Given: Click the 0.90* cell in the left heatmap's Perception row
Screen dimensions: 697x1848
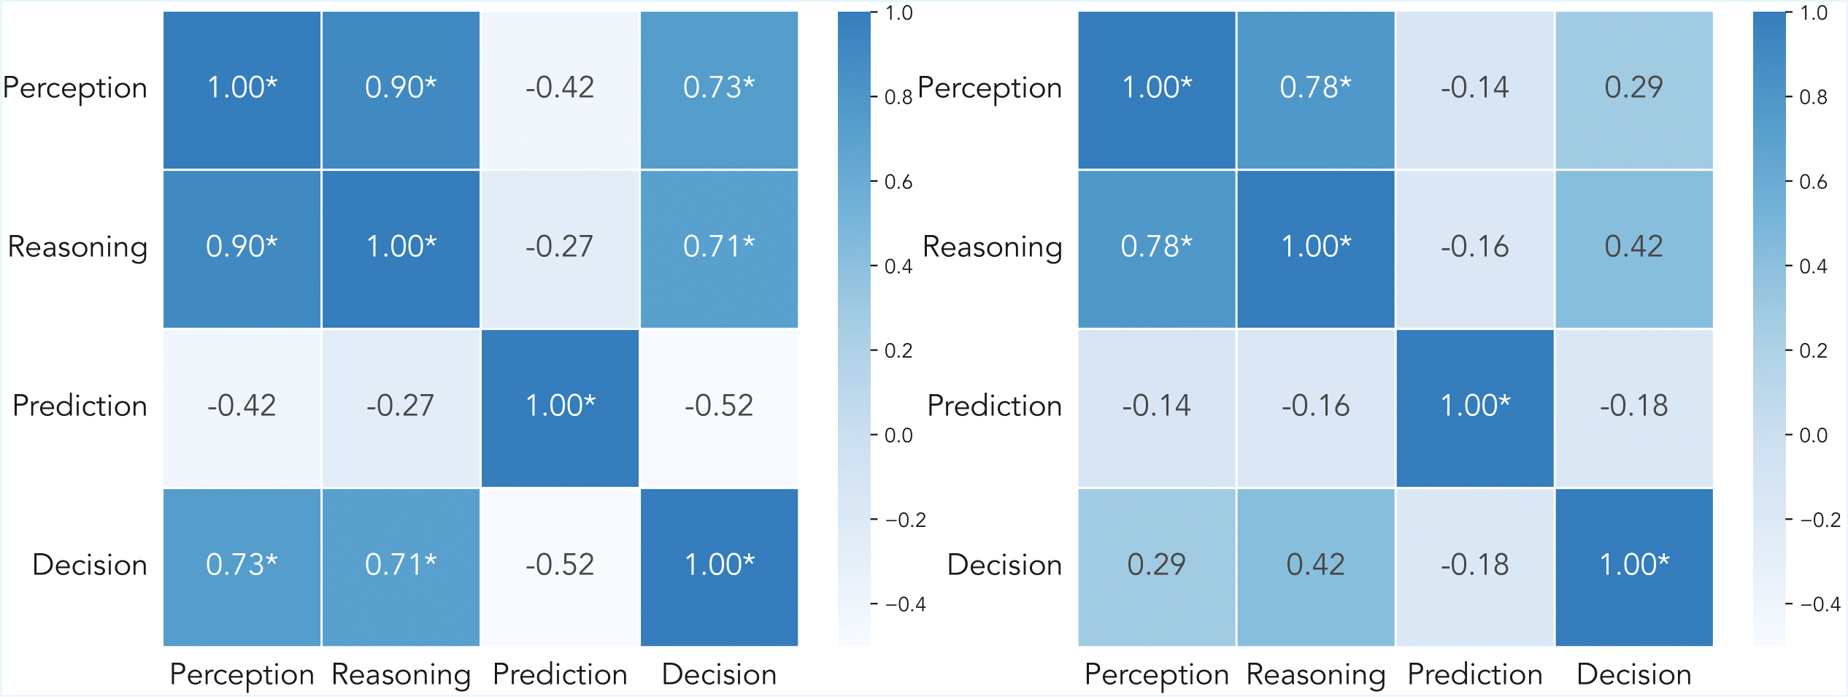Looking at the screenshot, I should coord(401,88).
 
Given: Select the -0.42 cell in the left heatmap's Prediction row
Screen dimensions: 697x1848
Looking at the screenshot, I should coord(242,407).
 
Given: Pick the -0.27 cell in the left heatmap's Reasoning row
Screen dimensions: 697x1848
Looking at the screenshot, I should coord(560,247).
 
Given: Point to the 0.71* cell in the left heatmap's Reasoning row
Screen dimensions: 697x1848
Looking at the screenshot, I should coord(719,247).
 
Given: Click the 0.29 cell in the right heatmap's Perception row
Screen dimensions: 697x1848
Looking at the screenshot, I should coord(1633,88).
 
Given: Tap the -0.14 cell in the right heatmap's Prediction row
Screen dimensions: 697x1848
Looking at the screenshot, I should coord(1156,407).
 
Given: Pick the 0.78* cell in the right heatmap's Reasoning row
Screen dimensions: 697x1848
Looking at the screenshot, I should coord(1156,247).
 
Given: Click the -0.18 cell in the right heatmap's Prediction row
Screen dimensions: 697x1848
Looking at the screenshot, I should coord(1633,407).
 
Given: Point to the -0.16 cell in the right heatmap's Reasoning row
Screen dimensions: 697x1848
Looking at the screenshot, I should coord(1474,247).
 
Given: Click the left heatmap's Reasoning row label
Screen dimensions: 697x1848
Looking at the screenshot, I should coord(77,247).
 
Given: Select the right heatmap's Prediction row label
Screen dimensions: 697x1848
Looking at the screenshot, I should coord(994,407).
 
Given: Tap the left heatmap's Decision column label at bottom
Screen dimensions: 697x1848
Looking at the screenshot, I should coord(719,675).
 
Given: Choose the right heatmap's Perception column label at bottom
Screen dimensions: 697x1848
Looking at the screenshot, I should coord(1156,675).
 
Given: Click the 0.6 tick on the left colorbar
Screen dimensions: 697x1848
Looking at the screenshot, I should coord(898,182).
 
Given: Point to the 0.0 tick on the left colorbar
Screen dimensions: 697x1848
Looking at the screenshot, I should coord(898,436).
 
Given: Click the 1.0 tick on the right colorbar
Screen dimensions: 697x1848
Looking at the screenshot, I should coord(1814,13).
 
